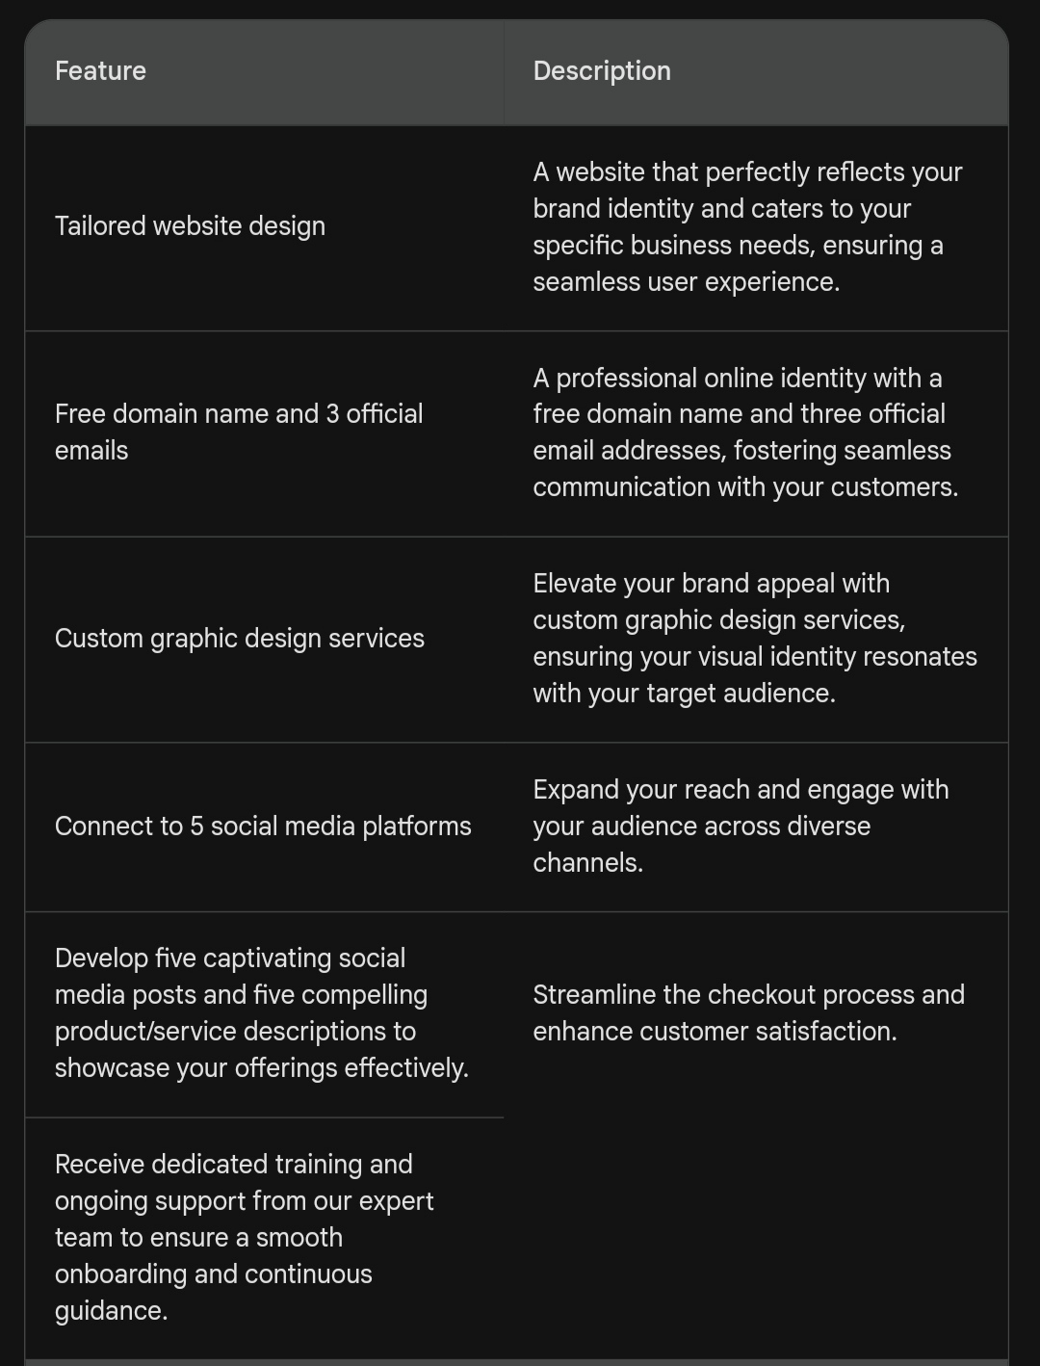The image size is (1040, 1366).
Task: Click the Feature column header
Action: pos(100,71)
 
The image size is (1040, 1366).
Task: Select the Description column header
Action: pos(602,71)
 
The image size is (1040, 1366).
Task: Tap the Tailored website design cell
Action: pos(190,226)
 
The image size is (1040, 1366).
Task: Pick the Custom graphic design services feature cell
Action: pos(239,639)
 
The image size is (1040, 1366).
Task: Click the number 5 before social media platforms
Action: pos(196,827)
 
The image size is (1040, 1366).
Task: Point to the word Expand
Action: pos(575,790)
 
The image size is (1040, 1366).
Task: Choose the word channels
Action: pos(587,863)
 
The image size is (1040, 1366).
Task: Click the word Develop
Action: pos(101,959)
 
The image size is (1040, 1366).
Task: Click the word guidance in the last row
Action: pos(110,1311)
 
